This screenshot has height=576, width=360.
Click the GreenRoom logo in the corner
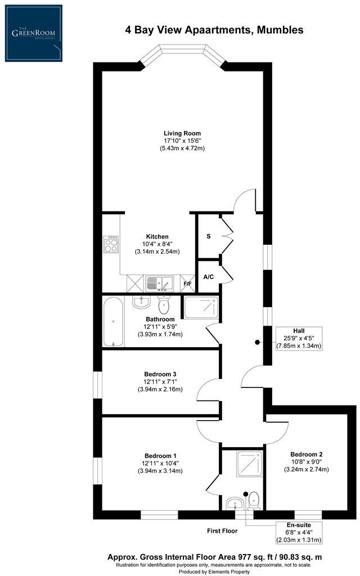[33, 33]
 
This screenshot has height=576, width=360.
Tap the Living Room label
[182, 133]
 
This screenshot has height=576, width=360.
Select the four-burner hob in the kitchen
[111, 244]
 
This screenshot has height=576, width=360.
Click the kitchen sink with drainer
[159, 283]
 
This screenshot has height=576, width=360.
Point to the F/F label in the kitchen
[188, 284]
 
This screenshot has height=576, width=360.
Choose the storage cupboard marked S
[209, 236]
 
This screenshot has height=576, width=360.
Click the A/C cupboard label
[209, 277]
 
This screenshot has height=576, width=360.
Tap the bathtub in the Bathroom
[113, 321]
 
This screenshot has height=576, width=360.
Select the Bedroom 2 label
[307, 454]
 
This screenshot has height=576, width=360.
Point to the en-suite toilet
[254, 501]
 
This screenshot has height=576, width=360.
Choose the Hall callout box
[299, 338]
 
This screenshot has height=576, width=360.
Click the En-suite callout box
[299, 533]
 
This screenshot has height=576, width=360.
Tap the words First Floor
[222, 531]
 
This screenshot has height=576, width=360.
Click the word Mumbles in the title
[280, 30]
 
